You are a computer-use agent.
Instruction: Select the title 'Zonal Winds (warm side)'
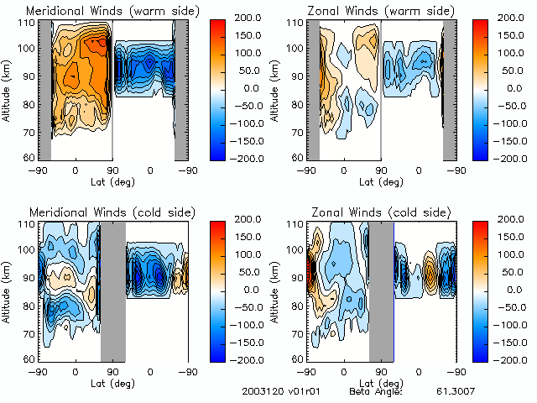365,11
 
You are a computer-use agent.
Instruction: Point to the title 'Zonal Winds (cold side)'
365,212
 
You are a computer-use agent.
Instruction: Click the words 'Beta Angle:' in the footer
376,391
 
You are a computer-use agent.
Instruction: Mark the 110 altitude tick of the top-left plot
29,22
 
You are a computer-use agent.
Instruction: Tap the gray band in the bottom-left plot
112,290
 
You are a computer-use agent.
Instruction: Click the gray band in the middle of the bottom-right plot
381,290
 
